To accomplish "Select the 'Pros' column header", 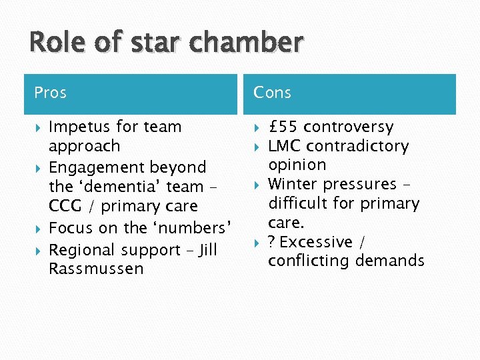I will (x=51, y=93).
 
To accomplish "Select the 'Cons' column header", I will (x=273, y=93).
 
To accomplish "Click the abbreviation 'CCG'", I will (x=65, y=207).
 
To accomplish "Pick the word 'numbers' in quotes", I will (x=197, y=227).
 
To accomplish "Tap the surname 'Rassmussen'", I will (x=87, y=269).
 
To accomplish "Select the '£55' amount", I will (x=283, y=127).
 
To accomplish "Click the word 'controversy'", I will (x=349, y=127).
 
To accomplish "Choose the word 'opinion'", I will (x=297, y=165).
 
